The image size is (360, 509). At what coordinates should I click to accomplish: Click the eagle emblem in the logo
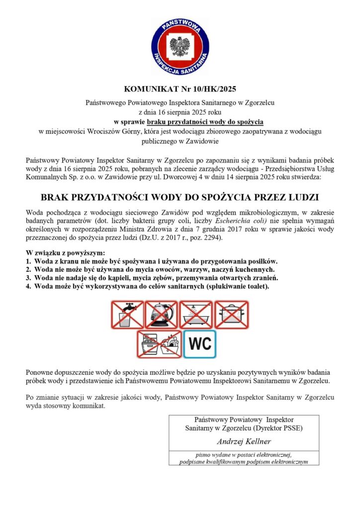180,46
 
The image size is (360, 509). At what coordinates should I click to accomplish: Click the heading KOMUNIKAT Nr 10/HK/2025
180,89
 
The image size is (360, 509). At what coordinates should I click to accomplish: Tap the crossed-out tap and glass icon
127,314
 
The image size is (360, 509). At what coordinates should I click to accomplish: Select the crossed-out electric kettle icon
161,314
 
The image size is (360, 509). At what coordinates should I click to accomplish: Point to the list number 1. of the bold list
28,261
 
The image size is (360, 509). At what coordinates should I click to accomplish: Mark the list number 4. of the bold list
28,286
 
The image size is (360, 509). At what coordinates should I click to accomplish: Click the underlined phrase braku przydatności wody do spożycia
205,121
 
